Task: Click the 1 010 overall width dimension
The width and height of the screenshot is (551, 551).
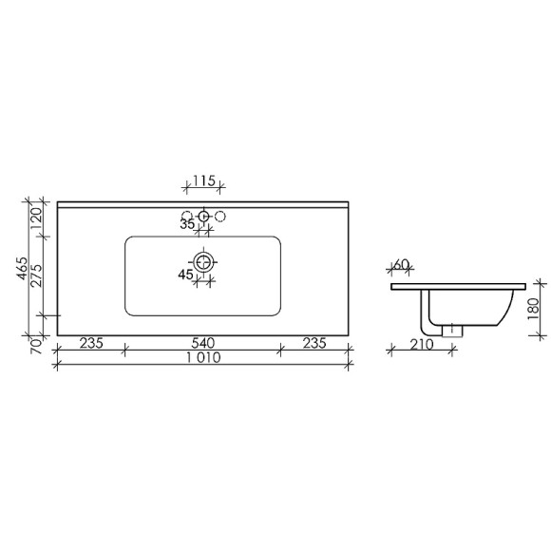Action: (201, 358)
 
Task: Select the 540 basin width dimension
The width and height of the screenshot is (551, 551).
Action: (201, 343)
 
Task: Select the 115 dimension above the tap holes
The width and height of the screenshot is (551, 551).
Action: (201, 180)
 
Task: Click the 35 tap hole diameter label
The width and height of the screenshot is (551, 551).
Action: (187, 224)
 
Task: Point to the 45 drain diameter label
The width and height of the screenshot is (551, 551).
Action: (186, 275)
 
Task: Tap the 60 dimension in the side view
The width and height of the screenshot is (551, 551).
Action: (401, 264)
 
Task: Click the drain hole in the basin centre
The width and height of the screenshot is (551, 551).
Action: (203, 261)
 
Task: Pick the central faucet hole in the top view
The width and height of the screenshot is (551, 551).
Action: (203, 218)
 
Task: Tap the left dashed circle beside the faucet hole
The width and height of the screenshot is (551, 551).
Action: (187, 216)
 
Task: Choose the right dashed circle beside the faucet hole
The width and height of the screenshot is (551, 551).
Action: (220, 216)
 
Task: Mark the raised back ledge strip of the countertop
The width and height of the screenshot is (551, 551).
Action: (201, 204)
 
